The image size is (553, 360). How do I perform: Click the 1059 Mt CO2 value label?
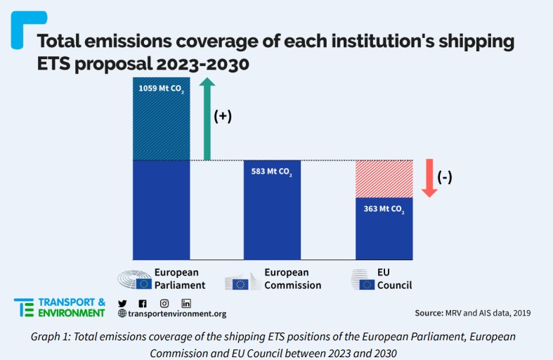pos(161,89)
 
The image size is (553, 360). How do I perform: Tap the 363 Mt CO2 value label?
pos(384,208)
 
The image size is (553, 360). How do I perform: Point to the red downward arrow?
pos(429,179)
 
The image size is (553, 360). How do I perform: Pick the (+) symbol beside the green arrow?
pos(223,116)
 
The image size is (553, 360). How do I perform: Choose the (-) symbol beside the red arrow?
pos(445,177)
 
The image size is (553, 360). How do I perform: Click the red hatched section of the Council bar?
pos(384,179)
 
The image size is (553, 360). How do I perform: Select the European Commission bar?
pos(272,211)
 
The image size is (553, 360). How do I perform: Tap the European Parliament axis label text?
pos(180,278)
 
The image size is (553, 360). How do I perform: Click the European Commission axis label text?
pos(292,278)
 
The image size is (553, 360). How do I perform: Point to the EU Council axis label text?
pos(394,278)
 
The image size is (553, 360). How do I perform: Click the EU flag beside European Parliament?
pos(144,284)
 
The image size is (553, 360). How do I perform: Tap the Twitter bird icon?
pos(123,303)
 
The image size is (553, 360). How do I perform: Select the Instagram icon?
pos(164,303)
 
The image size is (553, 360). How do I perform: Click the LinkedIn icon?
pos(186,303)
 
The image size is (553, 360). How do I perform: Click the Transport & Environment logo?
pos(60,308)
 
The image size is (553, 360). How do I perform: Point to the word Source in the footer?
pos(428,312)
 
